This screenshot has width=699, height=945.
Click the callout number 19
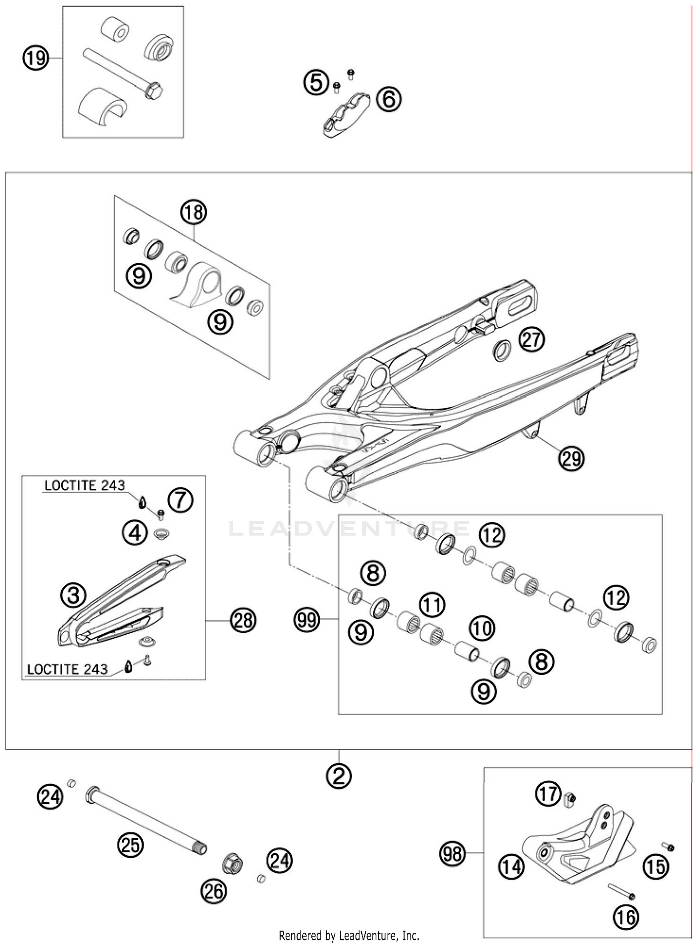tap(36, 58)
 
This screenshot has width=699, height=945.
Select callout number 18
tap(193, 212)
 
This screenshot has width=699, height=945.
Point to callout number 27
tap(532, 340)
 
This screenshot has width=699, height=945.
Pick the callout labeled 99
tap(307, 620)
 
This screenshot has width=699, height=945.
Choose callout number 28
tap(244, 620)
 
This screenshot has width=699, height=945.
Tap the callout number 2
tap(339, 776)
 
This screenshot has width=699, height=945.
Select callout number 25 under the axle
tap(130, 844)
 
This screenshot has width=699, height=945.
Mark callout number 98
tap(452, 854)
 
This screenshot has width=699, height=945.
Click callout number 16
tap(626, 917)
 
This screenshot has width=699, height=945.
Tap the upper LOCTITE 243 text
tap(85, 486)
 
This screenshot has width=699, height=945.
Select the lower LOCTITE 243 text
tap(67, 669)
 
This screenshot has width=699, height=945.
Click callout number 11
tap(432, 605)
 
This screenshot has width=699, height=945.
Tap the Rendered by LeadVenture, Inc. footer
tap(349, 935)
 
